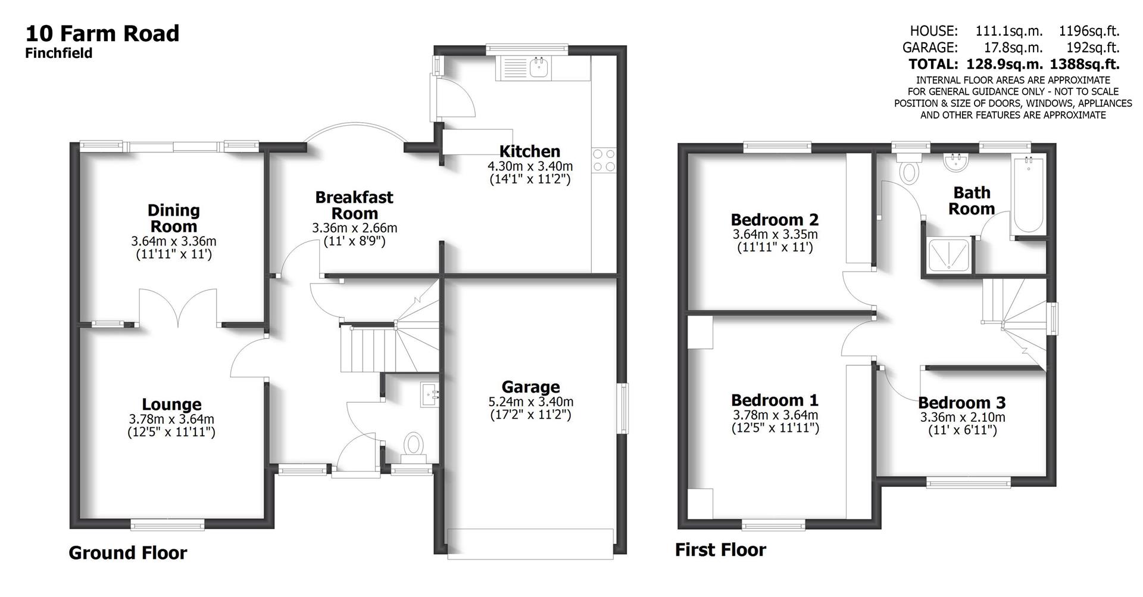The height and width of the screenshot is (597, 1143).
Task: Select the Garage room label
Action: pyautogui.click(x=530, y=387)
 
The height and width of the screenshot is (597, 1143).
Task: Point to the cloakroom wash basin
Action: pyautogui.click(x=429, y=394)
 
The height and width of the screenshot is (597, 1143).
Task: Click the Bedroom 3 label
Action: pyautogui.click(x=961, y=403)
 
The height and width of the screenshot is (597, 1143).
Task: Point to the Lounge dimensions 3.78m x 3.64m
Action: pyautogui.click(x=171, y=419)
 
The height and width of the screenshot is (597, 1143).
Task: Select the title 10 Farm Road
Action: pyautogui.click(x=102, y=33)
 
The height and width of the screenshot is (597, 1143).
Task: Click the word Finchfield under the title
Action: pyautogui.click(x=58, y=53)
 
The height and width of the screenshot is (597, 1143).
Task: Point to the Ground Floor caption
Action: pyautogui.click(x=127, y=553)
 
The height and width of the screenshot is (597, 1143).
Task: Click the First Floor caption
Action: pyautogui.click(x=720, y=549)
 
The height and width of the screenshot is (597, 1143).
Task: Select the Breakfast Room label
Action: pyautogui.click(x=354, y=205)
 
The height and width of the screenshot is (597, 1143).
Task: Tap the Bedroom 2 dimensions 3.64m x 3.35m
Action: pyautogui.click(x=775, y=234)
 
